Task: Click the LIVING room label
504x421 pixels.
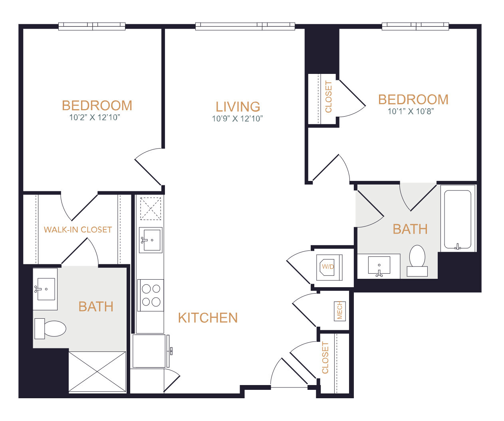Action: tap(238, 107)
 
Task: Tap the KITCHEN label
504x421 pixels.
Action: tap(208, 318)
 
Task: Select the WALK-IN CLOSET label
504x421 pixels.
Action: tap(78, 230)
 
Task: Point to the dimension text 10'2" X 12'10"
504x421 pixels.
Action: tap(95, 117)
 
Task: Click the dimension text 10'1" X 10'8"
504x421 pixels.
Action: tap(411, 111)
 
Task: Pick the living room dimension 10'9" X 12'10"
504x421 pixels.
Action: tap(237, 119)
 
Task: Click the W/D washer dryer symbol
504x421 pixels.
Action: tap(329, 267)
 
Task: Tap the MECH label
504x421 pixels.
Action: tap(339, 311)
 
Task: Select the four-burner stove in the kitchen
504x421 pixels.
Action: tap(151, 295)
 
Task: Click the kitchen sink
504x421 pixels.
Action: tap(151, 240)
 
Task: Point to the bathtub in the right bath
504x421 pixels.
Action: tap(458, 218)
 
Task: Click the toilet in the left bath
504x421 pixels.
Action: tap(50, 329)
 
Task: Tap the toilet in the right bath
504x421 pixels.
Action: tap(417, 261)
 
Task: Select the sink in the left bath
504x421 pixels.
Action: tap(45, 289)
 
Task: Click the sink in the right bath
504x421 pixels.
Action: tap(379, 266)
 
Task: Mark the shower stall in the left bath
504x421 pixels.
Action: tap(97, 372)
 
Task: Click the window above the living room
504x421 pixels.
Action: tap(245, 26)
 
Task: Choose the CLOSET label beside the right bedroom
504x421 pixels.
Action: tap(329, 97)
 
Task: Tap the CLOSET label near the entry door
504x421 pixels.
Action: tap(325, 358)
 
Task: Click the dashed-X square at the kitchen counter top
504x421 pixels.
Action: tap(151, 209)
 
